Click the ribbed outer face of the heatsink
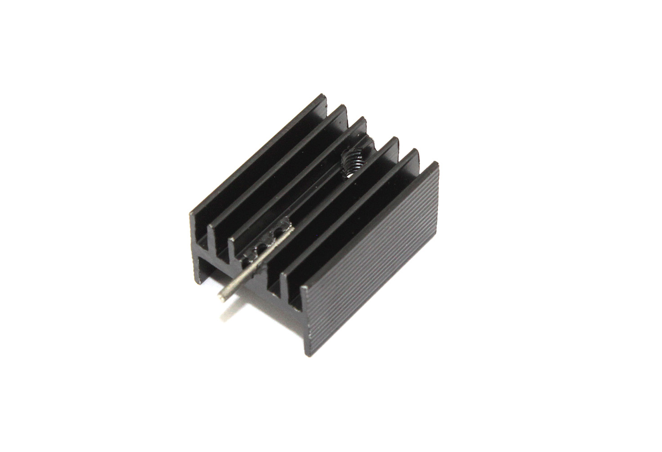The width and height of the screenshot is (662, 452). click(x=373, y=261)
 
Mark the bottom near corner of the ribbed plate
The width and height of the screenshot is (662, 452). click(x=309, y=356)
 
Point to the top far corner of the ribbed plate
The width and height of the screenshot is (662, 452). click(x=435, y=163)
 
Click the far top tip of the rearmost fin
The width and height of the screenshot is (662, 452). click(x=324, y=95)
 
